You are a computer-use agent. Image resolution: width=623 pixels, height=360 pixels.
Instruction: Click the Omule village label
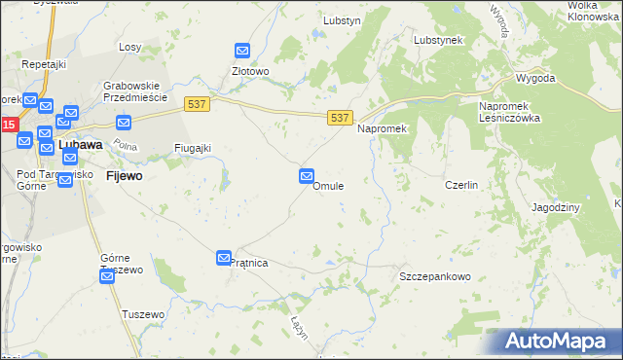click(x=327, y=186)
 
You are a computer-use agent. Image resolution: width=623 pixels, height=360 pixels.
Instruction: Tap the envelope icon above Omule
click(x=307, y=176)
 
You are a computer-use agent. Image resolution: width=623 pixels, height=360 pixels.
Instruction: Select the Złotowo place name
click(x=250, y=71)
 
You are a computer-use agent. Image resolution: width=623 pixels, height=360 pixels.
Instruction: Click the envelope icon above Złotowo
click(x=243, y=51)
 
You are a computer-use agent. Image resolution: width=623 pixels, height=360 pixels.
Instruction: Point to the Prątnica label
click(x=248, y=263)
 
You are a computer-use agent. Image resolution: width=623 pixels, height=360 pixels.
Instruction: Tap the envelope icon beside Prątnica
click(x=224, y=256)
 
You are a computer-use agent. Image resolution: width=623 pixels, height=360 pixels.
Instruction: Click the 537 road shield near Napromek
click(x=339, y=118)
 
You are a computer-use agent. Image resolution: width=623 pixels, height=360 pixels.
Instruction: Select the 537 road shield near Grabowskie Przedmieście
click(x=197, y=101)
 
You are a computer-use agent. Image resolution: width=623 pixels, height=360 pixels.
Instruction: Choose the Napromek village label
click(x=382, y=128)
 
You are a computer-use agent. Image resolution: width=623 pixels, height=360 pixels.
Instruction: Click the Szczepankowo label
click(x=435, y=276)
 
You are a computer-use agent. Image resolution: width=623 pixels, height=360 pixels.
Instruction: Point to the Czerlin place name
click(x=460, y=185)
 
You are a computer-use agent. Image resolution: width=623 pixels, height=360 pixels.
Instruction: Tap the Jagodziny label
click(x=557, y=207)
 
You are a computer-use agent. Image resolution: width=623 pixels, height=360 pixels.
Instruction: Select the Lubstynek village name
click(x=437, y=40)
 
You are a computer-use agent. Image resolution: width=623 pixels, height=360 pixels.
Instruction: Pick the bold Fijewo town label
click(x=124, y=176)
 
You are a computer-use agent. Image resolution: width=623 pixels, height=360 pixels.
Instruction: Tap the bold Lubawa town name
click(x=81, y=145)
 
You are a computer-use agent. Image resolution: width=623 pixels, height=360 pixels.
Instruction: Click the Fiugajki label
click(x=192, y=148)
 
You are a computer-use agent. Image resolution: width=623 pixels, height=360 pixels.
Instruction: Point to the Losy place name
click(x=130, y=47)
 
